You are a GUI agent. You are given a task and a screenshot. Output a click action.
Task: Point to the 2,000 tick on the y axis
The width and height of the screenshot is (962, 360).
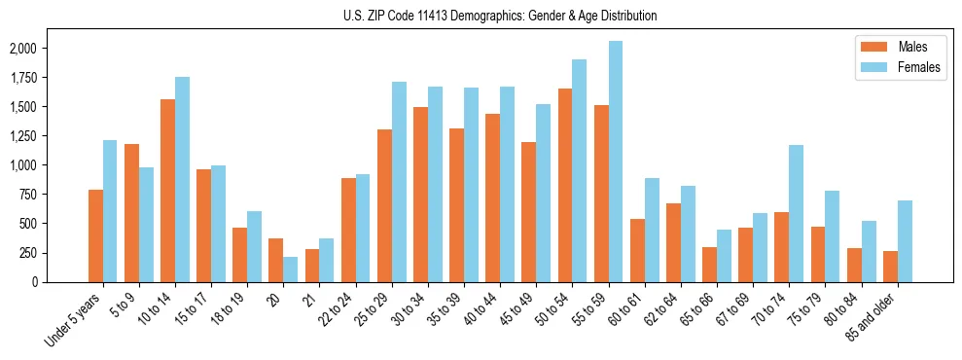click(x=22, y=49)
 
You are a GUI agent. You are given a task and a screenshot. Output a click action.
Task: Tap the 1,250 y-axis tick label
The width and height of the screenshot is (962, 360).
click(x=22, y=136)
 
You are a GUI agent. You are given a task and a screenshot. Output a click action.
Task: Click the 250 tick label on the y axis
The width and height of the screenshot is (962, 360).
click(x=28, y=253)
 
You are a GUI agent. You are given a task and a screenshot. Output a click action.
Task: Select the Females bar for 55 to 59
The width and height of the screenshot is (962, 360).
click(x=616, y=162)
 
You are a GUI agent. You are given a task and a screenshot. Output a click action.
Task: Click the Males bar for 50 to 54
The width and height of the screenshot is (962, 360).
click(x=565, y=185)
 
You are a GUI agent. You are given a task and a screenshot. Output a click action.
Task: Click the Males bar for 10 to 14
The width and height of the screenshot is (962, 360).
click(x=167, y=191)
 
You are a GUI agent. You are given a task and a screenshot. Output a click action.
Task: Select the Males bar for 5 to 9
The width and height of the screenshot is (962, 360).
click(x=131, y=213)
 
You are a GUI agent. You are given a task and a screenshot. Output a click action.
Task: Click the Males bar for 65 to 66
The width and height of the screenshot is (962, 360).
click(x=709, y=265)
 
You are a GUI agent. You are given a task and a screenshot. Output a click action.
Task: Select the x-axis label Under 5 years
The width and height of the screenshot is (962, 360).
click(x=75, y=322)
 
